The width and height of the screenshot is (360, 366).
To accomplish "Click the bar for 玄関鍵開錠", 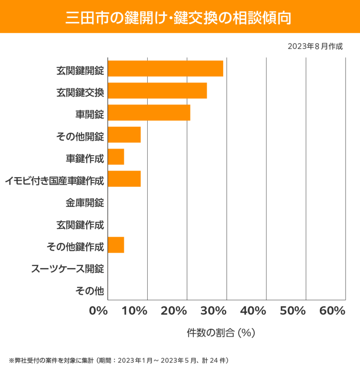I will (165, 68).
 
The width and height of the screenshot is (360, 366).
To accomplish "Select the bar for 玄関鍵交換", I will (157, 91).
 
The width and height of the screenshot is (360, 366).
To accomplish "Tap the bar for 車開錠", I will (149, 113).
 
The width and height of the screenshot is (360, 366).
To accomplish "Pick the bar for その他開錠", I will (124, 135).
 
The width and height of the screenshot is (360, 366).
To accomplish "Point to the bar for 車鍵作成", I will (116, 157).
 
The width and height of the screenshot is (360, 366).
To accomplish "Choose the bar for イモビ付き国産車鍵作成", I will (124, 179).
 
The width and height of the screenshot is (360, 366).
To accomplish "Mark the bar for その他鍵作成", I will (116, 245).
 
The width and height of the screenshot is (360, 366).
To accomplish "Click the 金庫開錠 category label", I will (85, 203).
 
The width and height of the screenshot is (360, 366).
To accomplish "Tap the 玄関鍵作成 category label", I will (80, 225).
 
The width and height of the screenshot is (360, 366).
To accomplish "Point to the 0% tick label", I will (99, 311).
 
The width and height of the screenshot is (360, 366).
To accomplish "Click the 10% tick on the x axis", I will (136, 311).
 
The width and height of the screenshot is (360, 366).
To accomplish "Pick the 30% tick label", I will (215, 311).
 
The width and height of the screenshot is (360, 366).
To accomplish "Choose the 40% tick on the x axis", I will (255, 311).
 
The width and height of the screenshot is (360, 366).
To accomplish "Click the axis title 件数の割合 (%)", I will (221, 333).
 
